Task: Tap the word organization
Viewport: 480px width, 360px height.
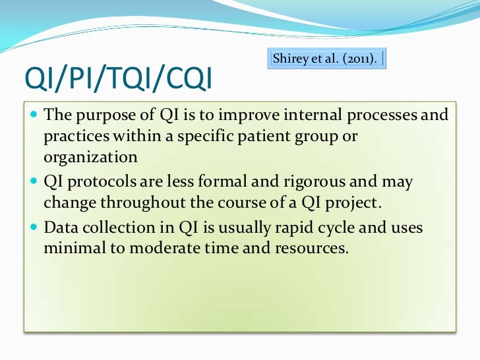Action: (91, 159)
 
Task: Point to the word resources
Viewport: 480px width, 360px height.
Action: (305, 249)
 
